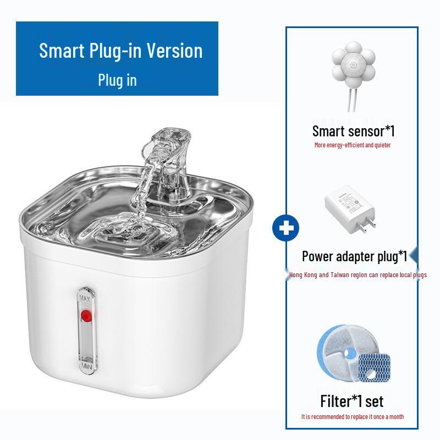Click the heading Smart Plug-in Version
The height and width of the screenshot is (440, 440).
[x=120, y=51]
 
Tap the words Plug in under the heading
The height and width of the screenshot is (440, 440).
[x=117, y=80]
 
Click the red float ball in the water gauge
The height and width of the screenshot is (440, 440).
[x=85, y=316]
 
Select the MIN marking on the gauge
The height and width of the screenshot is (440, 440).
[x=85, y=365]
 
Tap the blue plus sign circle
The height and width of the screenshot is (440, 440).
[x=285, y=228]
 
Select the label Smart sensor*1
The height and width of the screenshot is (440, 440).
[x=353, y=131]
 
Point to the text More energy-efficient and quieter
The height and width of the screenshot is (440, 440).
[x=353, y=145]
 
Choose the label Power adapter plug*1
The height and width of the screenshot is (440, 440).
[x=354, y=256]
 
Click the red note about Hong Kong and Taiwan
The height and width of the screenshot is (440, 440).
[x=358, y=275]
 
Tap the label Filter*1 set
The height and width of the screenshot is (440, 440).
[x=351, y=400]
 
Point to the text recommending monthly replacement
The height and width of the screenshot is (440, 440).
[x=352, y=417]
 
